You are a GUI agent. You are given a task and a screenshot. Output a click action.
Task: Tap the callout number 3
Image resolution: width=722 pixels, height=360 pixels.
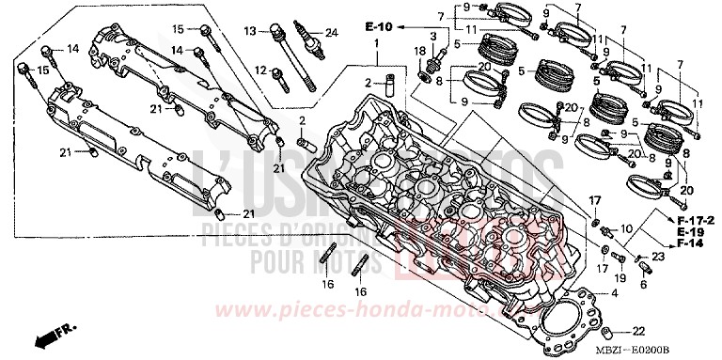point(432,36)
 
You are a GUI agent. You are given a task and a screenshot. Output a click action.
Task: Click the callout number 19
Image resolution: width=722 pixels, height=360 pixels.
point(620,279)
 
